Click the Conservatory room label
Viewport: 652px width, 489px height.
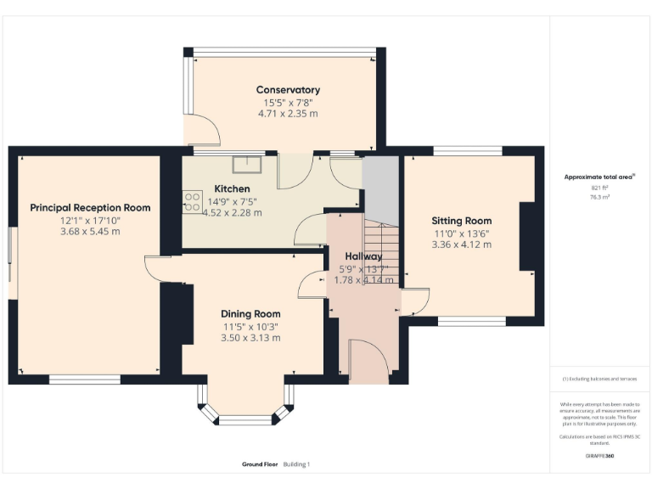[288, 90]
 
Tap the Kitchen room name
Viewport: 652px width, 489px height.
[232, 188]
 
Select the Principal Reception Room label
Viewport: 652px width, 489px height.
[90, 207]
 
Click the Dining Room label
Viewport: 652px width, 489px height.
[250, 313]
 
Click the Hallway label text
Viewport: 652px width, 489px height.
[363, 256]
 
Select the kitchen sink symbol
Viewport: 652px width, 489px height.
[248, 163]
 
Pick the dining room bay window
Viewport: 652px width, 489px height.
[244, 406]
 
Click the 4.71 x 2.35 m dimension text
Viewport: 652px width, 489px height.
[288, 113]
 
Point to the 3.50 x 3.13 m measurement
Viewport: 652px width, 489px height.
[250, 337]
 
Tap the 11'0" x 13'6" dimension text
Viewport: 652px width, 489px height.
[461, 233]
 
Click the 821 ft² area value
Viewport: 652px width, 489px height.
[598, 188]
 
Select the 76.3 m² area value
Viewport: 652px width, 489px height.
[598, 196]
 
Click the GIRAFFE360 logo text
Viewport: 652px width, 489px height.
[599, 457]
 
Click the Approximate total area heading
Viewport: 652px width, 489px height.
[598, 177]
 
